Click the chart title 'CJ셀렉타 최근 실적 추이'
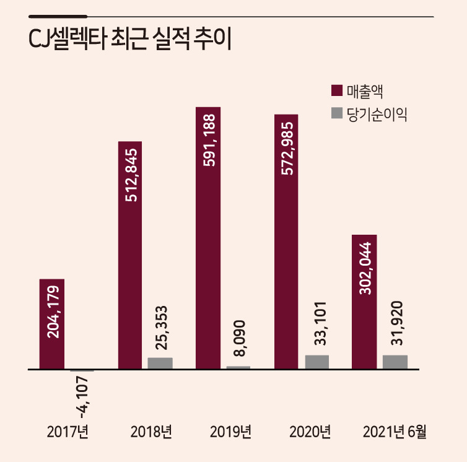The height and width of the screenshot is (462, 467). pos(130,39)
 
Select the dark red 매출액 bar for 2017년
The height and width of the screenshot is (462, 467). pos(52,324)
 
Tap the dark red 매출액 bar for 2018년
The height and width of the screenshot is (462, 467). pos(130,255)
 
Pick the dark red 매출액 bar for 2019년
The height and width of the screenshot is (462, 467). pos(208,238)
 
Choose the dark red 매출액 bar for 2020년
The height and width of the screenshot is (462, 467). pos(286,242)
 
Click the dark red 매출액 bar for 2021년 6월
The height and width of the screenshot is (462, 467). pos(364,302)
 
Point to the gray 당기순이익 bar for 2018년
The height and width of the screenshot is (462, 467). pos(160,364)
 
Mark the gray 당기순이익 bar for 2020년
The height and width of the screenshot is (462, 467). pos(317,362)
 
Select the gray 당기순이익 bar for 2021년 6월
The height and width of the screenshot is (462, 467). pos(395,362)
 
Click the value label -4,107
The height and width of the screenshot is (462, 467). pos(82,397)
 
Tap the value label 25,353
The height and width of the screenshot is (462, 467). pos(162,328)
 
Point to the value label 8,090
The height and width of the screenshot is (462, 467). pos(239,338)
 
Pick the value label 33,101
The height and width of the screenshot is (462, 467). pos(320,323)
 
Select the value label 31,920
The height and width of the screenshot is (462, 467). pos(397,323)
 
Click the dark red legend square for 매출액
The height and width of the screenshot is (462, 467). pos(337,90)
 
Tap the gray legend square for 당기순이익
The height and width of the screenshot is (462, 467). pos(337,113)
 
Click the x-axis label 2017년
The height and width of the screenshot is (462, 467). pos(68,432)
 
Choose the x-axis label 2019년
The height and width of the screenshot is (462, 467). pos(230,432)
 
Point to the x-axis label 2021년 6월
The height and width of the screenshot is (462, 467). pos(395,432)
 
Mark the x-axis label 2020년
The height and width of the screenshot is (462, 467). pos(310,432)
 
